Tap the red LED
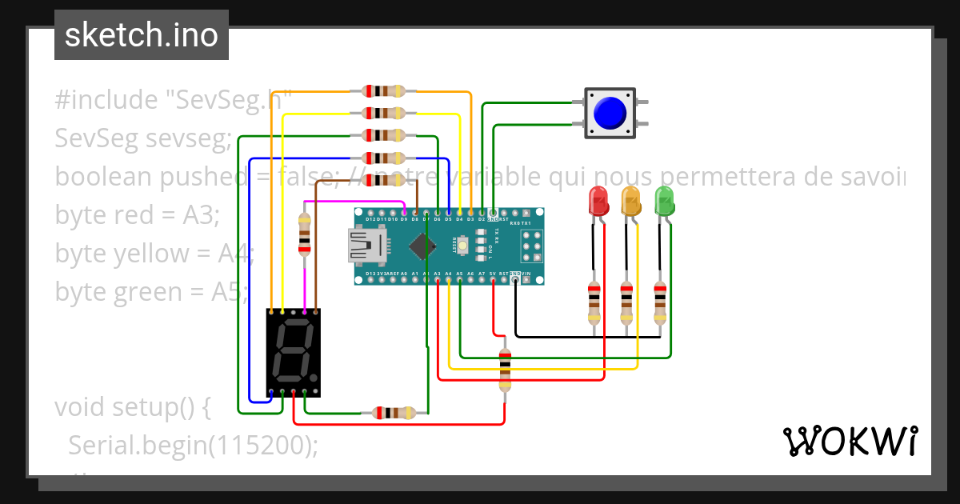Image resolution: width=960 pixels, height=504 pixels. (598, 201)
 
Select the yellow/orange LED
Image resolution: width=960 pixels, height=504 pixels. (631, 201)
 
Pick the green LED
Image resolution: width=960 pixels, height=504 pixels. (664, 200)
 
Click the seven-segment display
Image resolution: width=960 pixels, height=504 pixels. (293, 353)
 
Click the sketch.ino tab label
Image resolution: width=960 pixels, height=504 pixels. (141, 35)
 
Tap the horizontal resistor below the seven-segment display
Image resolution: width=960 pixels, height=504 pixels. (394, 413)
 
